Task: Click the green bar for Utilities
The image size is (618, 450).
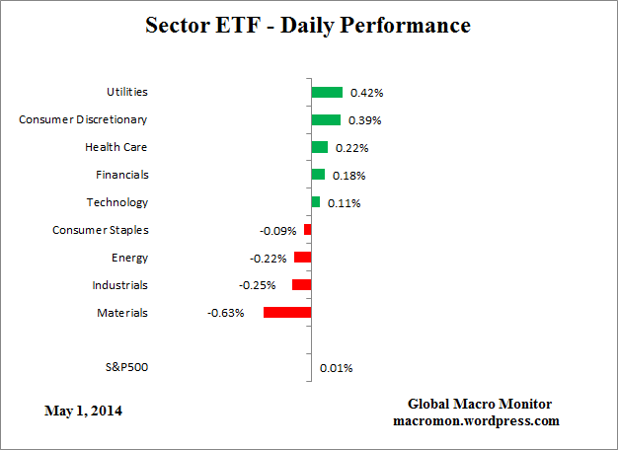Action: pyautogui.click(x=327, y=92)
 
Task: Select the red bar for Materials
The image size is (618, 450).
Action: pyautogui.click(x=287, y=313)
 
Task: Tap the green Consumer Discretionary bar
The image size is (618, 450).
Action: pyautogui.click(x=326, y=119)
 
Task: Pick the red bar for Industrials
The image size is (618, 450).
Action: pyautogui.click(x=302, y=285)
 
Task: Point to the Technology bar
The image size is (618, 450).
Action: pyautogui.click(x=316, y=202)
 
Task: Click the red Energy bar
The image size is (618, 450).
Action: pyautogui.click(x=303, y=258)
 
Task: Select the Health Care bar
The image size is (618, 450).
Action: pyautogui.click(x=320, y=147)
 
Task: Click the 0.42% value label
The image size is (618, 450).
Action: pyautogui.click(x=366, y=93)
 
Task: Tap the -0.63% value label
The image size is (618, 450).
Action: pyautogui.click(x=225, y=314)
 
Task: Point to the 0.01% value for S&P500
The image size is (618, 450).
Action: pyautogui.click(x=336, y=368)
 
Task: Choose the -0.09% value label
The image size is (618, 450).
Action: pyautogui.click(x=277, y=231)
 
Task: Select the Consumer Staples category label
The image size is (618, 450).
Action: pyautogui.click(x=100, y=230)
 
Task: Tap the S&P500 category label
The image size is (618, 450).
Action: pyautogui.click(x=126, y=367)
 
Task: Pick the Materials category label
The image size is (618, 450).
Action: pyautogui.click(x=122, y=313)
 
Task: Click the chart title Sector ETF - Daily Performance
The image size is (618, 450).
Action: pyautogui.click(x=308, y=25)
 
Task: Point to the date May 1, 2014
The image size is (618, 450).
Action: pyautogui.click(x=84, y=410)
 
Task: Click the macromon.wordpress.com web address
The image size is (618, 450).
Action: pyautogui.click(x=475, y=420)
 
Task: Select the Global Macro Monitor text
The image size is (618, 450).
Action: pyautogui.click(x=480, y=405)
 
